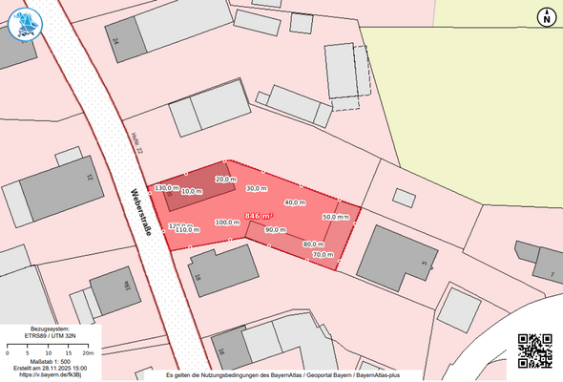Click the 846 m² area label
[260, 217]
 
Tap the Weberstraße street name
[140, 215]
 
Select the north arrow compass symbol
[546, 16]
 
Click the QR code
[534, 350]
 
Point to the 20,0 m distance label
[225, 179]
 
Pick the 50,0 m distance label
[335, 217]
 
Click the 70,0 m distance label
[323, 255]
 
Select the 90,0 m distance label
[276, 230]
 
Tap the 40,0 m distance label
[295, 202]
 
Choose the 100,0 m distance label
[227, 223]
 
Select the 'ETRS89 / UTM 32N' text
[51, 337]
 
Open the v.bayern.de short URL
[51, 375]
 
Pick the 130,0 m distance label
[166, 188]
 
